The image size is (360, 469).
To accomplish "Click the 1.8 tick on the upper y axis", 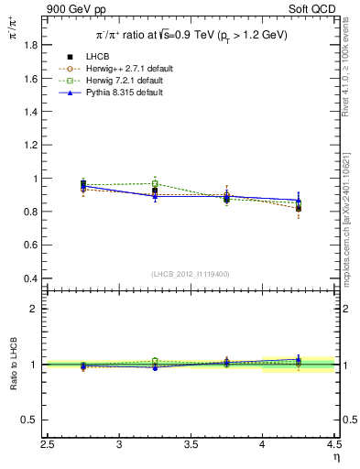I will [49, 46].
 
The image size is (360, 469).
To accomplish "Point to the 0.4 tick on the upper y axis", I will [49, 278].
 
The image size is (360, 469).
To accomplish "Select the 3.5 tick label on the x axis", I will [191, 445].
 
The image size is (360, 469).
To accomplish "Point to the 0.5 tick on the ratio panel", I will [49, 420].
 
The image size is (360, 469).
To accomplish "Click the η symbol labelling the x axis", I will [335, 456].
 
